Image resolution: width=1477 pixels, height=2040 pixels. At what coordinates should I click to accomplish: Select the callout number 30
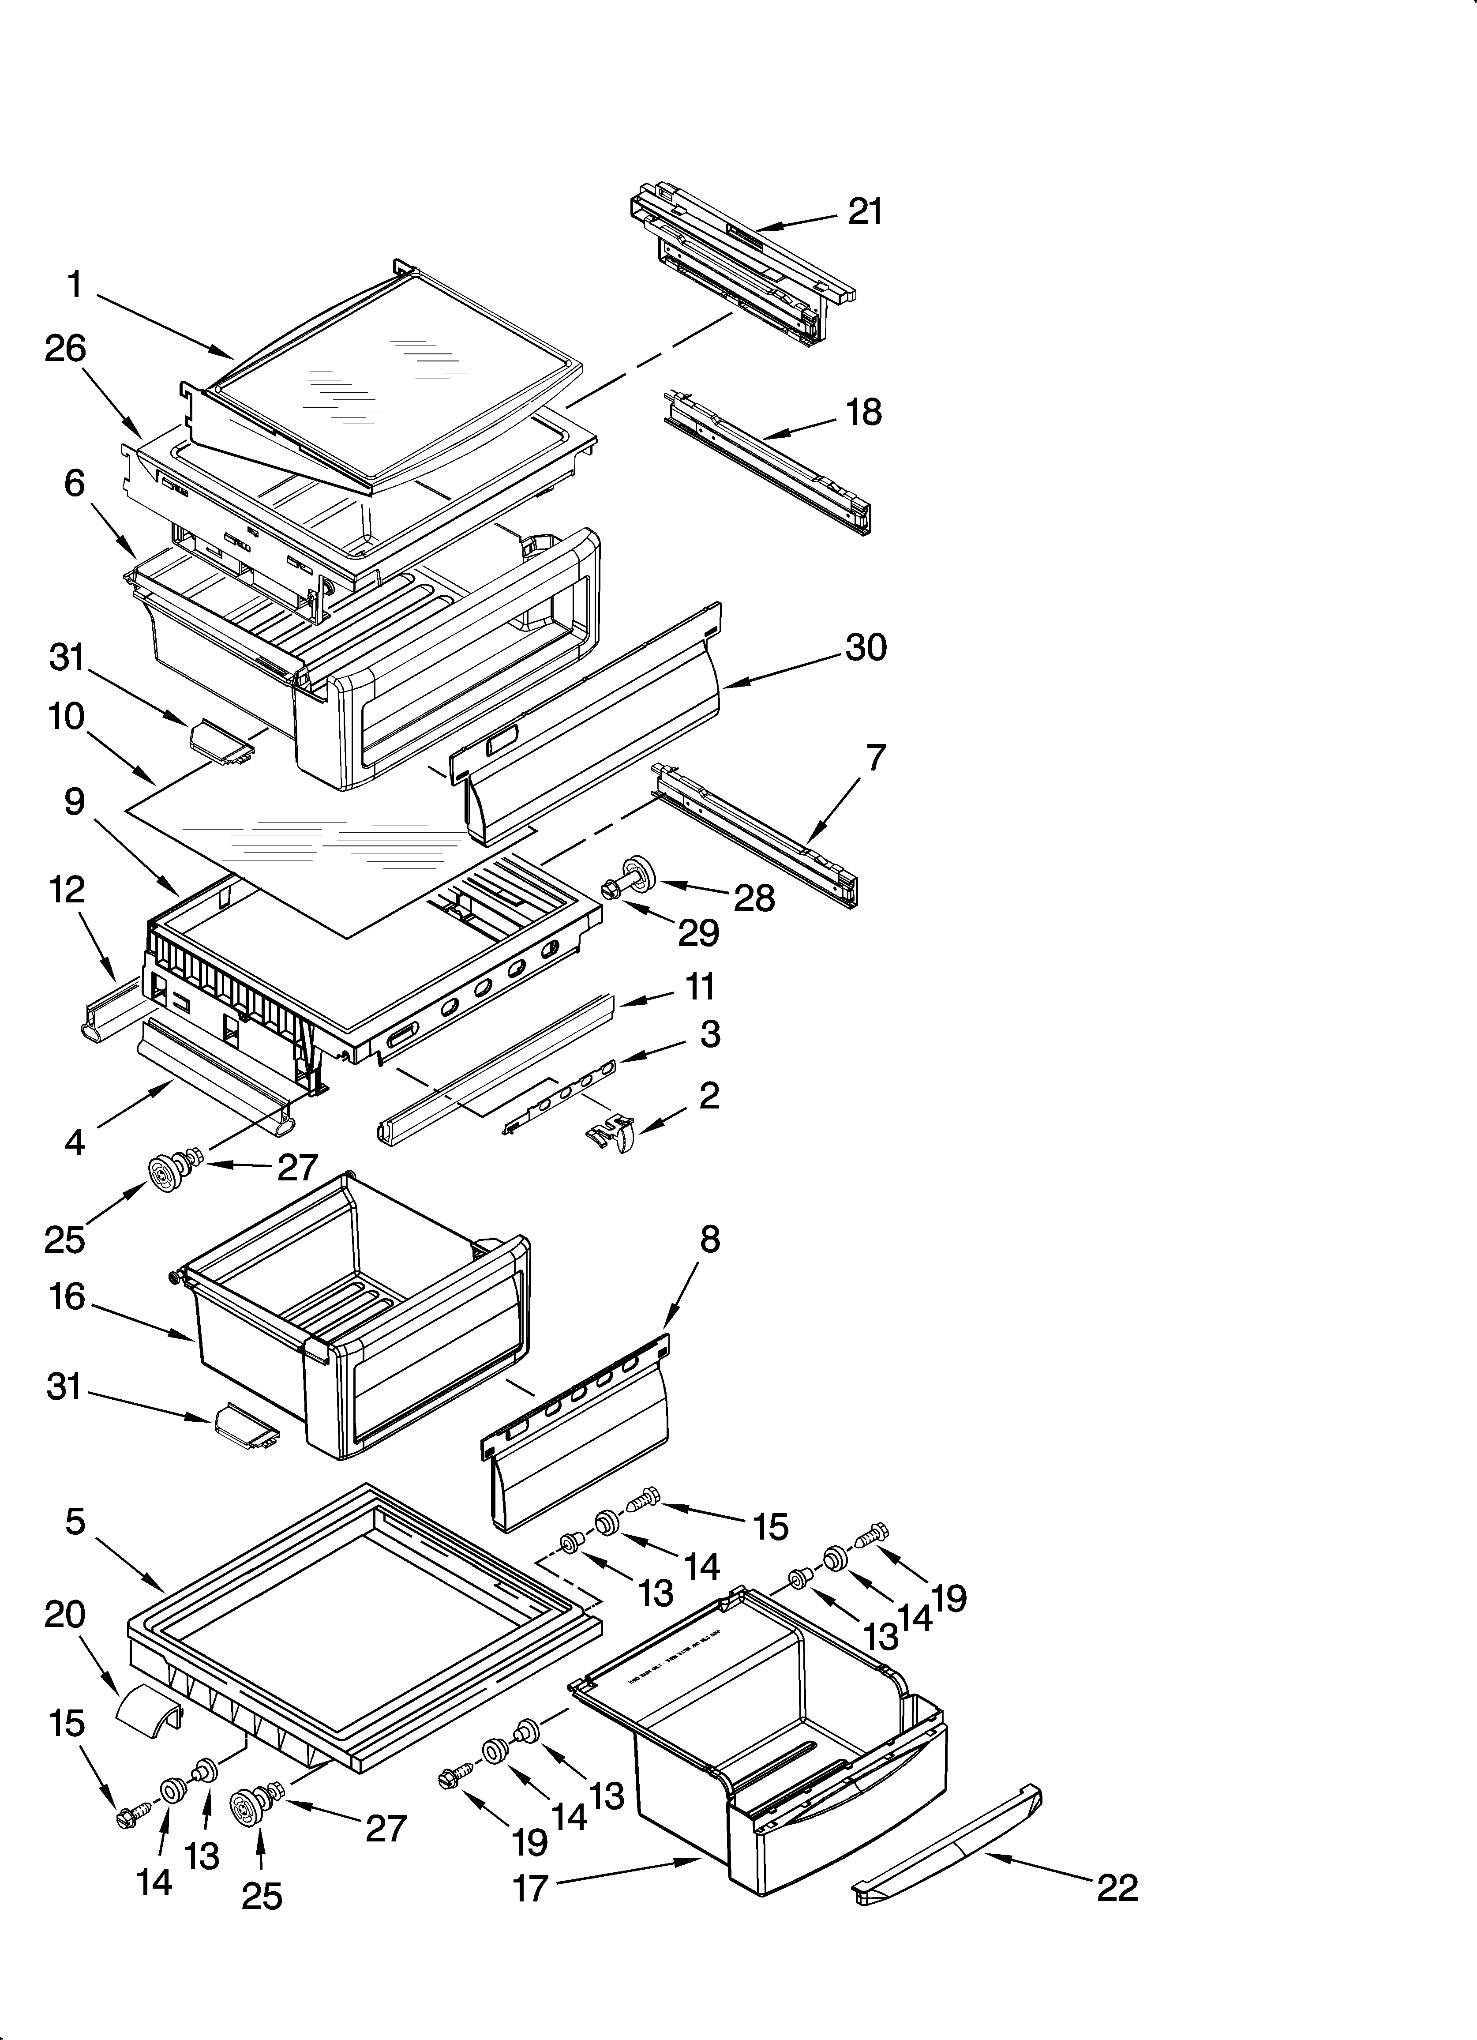865,648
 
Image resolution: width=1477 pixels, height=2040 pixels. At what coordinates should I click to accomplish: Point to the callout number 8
710,1240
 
